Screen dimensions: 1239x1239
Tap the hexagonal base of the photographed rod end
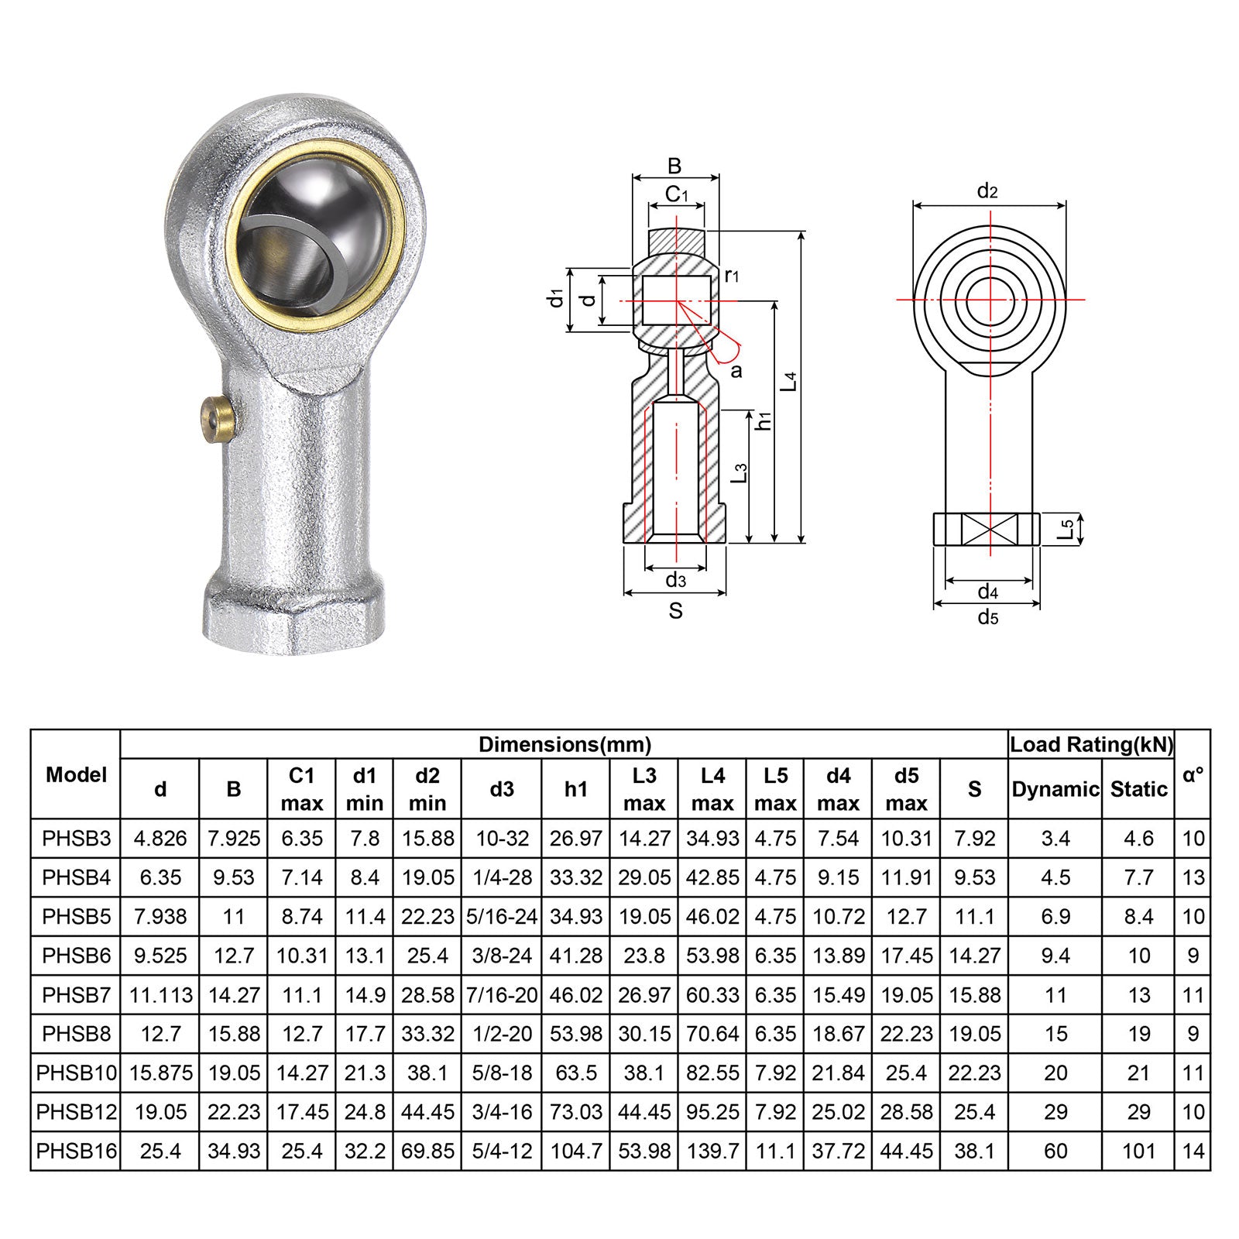pos(294,612)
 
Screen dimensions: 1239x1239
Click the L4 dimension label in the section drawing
pos(789,382)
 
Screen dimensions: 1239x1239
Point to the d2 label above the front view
pos(987,190)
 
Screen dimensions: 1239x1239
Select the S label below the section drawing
pos(675,611)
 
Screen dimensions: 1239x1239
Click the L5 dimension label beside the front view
pos(1067,530)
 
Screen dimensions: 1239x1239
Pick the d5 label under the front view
pos(987,617)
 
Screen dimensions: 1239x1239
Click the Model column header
pos(76,774)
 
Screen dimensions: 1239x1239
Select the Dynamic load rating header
pos(1055,789)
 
